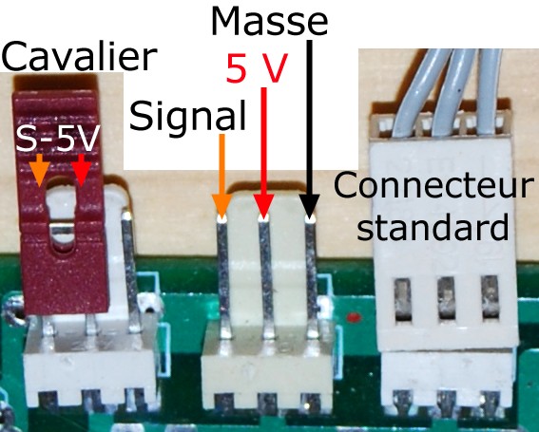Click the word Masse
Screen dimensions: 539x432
coord(269,20)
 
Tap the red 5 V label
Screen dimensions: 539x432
coord(256,68)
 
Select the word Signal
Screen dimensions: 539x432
coord(187,115)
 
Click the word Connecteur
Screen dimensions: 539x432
coord(432,185)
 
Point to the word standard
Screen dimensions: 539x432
coord(433,227)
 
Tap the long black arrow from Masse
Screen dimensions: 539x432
coord(309,130)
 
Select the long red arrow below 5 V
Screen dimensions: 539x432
coord(263,154)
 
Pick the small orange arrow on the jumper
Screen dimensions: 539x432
coord(40,170)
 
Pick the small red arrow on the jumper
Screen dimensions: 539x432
coord(81,170)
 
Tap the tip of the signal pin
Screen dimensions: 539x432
coord(221,219)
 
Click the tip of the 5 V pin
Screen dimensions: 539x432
coord(263,218)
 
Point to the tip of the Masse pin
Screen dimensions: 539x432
coord(310,218)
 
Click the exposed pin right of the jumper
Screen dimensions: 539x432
coord(130,272)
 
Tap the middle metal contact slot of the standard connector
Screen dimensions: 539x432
coord(446,300)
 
